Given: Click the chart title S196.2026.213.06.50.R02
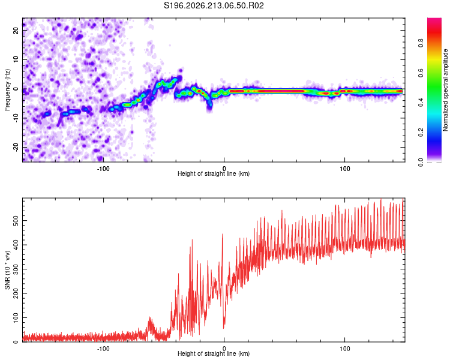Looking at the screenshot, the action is (214, 5).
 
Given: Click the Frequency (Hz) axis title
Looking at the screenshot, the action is (7, 90).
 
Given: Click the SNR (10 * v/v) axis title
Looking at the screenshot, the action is (7, 270).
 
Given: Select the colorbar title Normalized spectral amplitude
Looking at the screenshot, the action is (445, 90).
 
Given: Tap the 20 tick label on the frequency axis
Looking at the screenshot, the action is (16, 30).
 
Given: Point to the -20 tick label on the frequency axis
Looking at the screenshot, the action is (16, 147).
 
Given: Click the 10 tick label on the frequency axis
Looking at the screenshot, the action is (16, 59).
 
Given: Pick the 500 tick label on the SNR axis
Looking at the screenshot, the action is (16, 220).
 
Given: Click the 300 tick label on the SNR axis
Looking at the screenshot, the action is (16, 269).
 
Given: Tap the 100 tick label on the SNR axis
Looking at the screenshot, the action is (16, 317).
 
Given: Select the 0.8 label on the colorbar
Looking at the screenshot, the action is (421, 43).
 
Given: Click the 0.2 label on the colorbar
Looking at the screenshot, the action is (421, 133).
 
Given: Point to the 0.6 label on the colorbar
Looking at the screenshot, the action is (421, 73).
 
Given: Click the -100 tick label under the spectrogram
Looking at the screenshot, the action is (103, 169).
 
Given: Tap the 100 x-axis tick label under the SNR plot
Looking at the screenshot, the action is (344, 349).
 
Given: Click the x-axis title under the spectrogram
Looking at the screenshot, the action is (214, 173).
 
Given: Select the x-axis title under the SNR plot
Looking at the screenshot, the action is (214, 353).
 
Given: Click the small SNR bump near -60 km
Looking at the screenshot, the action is (150, 322).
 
